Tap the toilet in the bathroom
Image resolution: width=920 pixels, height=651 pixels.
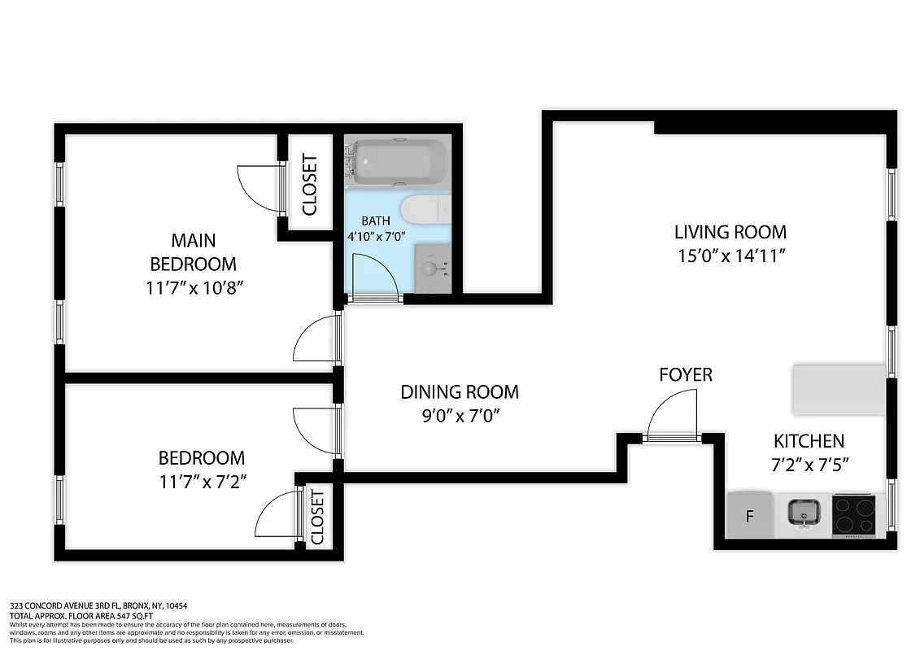pyautogui.click(x=426, y=209)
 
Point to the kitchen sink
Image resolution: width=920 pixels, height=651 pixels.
pyautogui.click(x=804, y=513)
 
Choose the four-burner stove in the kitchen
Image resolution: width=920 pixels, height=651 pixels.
pyautogui.click(x=857, y=514)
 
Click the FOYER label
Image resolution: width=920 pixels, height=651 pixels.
pyautogui.click(x=685, y=374)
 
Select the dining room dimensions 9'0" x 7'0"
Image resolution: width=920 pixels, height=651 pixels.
pyautogui.click(x=460, y=416)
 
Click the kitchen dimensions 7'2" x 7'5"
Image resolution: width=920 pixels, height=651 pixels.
pyautogui.click(x=808, y=466)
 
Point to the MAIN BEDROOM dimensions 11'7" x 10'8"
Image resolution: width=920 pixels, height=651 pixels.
pyautogui.click(x=193, y=288)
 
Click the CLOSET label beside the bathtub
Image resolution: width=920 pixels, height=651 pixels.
pyautogui.click(x=309, y=185)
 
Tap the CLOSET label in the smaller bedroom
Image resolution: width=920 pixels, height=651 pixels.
pyautogui.click(x=317, y=517)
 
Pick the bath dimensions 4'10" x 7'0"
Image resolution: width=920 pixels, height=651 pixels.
pyautogui.click(x=376, y=236)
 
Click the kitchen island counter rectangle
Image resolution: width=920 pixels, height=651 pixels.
pyautogui.click(x=839, y=389)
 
